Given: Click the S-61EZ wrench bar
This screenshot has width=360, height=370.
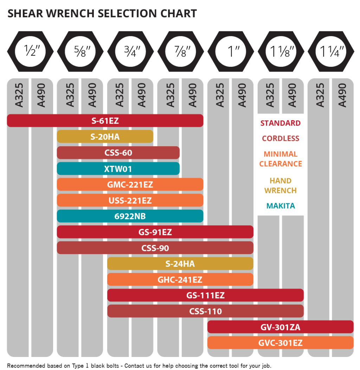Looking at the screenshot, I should (105, 121).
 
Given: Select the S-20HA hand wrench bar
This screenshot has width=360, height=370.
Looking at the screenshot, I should (105, 137).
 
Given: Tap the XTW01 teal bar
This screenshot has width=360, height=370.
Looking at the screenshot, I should (118, 169).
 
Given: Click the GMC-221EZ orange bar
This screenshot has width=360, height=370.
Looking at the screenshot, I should (130, 184).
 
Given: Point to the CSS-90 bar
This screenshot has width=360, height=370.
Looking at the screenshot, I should (155, 248).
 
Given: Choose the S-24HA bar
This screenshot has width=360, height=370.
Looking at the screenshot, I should (180, 264).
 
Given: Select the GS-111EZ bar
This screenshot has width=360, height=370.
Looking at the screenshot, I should (205, 296).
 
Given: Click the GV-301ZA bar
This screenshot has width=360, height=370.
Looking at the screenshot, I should (280, 327).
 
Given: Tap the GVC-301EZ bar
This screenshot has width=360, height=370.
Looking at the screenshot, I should (280, 343).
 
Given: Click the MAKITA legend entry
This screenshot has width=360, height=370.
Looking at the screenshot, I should (281, 206).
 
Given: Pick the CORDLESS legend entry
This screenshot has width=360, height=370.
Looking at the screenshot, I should (281, 138).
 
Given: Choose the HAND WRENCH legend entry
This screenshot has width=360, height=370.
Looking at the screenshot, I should (281, 186).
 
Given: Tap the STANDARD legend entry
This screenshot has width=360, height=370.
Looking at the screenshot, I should (281, 123).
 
